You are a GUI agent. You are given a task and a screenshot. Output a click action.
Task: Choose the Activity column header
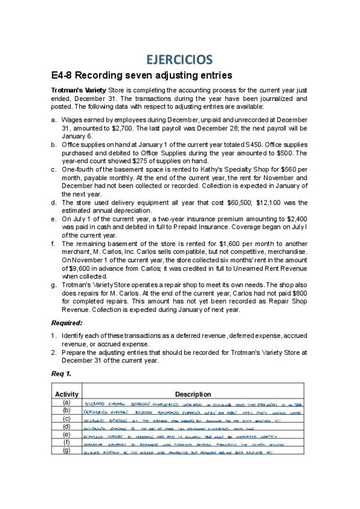pyautogui.click(x=67, y=394)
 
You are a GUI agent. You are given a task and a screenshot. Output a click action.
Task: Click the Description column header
pyautogui.click(x=193, y=394)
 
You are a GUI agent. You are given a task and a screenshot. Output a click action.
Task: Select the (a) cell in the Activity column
pyautogui.click(x=67, y=402)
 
